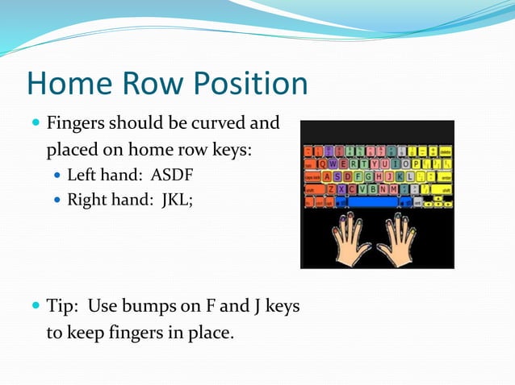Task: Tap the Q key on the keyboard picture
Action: pyautogui.click(x=323, y=164)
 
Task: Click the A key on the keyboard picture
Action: pyautogui.click(x=327, y=176)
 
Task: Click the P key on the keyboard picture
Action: pyautogui.click(x=417, y=164)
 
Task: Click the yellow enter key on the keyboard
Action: pyautogui.click(x=441, y=176)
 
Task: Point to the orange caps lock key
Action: pyautogui.click(x=312, y=176)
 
